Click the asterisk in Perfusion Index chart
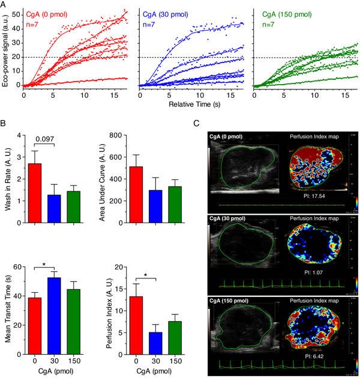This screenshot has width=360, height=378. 146,275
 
